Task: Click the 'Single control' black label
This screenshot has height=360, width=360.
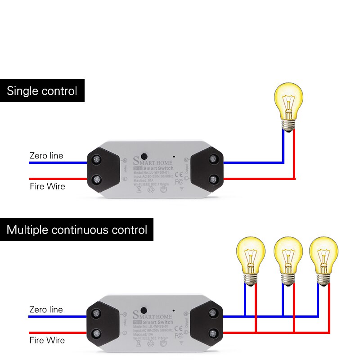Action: tap(42, 91)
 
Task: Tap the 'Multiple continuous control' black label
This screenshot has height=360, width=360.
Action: tap(76, 230)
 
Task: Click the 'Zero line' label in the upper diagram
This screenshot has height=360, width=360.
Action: tap(46, 156)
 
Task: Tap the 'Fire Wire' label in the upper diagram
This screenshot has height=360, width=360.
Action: tap(47, 186)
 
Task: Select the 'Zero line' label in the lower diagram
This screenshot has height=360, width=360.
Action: tap(46, 310)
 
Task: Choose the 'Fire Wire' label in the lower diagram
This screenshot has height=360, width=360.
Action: tap(47, 340)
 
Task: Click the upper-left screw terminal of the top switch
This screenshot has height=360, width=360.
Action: tap(96, 159)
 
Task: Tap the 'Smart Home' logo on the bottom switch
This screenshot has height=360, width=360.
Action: tap(153, 315)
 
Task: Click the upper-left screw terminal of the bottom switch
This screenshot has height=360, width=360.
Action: tap(96, 313)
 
